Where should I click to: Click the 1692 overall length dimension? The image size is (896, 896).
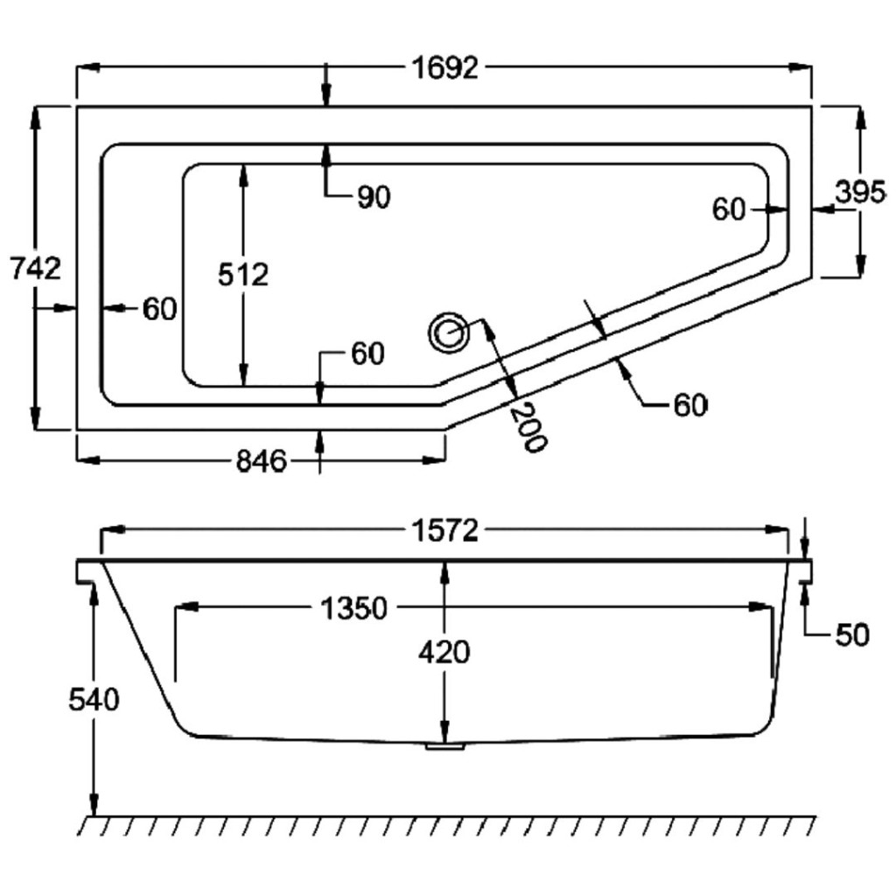pyautogui.click(x=445, y=68)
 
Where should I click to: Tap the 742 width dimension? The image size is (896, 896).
pyautogui.click(x=35, y=268)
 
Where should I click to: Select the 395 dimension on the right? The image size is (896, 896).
pyautogui.click(x=860, y=192)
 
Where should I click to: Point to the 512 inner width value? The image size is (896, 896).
pyautogui.click(x=243, y=275)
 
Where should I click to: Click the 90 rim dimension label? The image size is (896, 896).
pyautogui.click(x=373, y=199)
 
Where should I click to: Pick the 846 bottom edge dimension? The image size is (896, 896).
pyautogui.click(x=262, y=460)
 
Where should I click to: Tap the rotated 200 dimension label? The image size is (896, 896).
pyautogui.click(x=528, y=426)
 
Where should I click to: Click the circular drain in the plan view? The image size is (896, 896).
pyautogui.click(x=450, y=333)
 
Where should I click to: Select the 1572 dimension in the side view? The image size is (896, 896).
pyautogui.click(x=445, y=530)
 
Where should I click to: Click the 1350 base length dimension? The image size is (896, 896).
pyautogui.click(x=353, y=608)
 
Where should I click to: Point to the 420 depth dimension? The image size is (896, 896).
pyautogui.click(x=444, y=652)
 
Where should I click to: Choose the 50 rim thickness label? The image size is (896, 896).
pyautogui.click(x=851, y=636)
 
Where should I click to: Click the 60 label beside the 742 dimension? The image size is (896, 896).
pyautogui.click(x=159, y=308)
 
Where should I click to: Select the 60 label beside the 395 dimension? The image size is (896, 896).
pyautogui.click(x=729, y=209)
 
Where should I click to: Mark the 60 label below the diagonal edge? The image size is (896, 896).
pyautogui.click(x=689, y=405)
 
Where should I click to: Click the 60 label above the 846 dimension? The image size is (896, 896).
pyautogui.click(x=367, y=353)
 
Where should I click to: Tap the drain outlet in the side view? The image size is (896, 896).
pyautogui.click(x=445, y=746)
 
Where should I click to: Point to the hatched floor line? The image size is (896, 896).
pyautogui.click(x=446, y=824)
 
